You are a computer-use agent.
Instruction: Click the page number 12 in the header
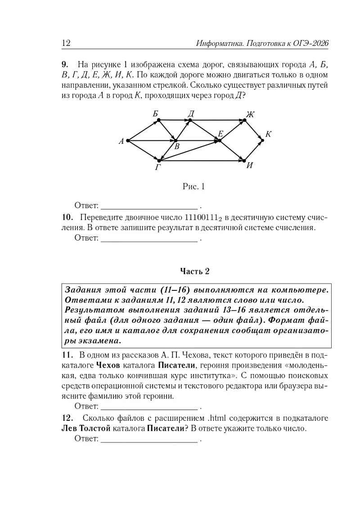pos(66,43)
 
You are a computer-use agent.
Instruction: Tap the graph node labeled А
pos(128,140)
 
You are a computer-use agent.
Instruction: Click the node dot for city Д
pos(190,120)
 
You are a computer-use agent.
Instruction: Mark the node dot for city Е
pos(220,140)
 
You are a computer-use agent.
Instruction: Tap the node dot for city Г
pos(159,160)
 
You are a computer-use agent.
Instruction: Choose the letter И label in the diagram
pos(250,165)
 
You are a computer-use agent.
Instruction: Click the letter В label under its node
pos(177,147)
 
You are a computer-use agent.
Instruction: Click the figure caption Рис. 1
pos(193,186)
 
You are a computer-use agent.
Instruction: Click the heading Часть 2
pos(195,271)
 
